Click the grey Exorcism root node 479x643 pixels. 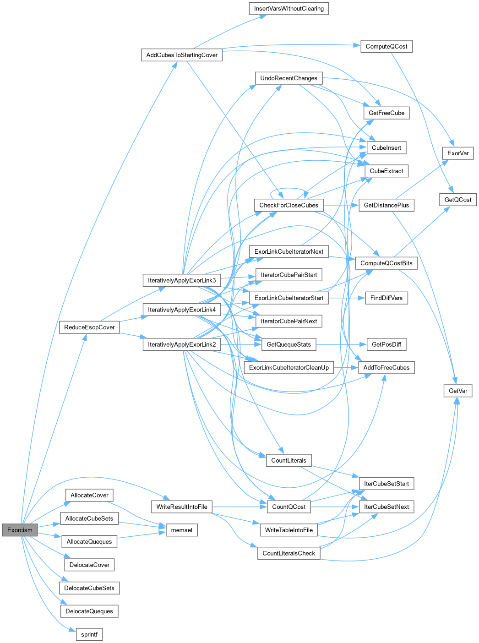20,530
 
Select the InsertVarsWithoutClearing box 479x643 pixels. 288,9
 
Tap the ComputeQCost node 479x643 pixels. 386,46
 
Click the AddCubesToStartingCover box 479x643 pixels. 182,55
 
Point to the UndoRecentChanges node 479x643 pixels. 288,78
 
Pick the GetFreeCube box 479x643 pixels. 386,113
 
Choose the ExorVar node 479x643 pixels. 458,153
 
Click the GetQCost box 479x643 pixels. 458,200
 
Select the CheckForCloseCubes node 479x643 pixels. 288,205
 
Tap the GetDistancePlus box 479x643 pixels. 386,205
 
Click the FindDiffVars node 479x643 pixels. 386,298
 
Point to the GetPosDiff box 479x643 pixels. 386,344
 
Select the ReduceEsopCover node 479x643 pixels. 89,327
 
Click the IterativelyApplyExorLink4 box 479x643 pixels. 182,310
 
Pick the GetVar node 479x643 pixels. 458,391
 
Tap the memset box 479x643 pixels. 182,530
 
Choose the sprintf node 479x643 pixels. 89,634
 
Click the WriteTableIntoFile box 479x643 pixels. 288,530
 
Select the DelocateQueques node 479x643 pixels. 89,611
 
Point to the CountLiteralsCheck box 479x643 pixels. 288,553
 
